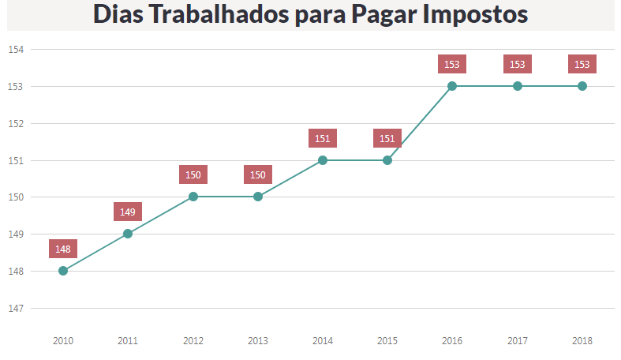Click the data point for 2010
tap(63, 271)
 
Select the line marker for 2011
tap(128, 234)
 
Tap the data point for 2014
tap(323, 160)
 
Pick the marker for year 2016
tap(452, 86)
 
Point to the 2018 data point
tap(582, 86)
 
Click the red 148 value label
tap(63, 249)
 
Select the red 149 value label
tap(128, 212)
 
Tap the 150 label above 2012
tap(193, 174)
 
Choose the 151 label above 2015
tap(387, 138)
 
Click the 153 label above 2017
tap(518, 64)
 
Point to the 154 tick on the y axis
tap(16, 49)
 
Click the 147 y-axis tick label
tap(16, 308)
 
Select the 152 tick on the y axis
tap(16, 123)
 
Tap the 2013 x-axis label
tap(258, 341)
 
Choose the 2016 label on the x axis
tap(452, 341)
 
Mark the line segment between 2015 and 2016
tap(420, 123)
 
